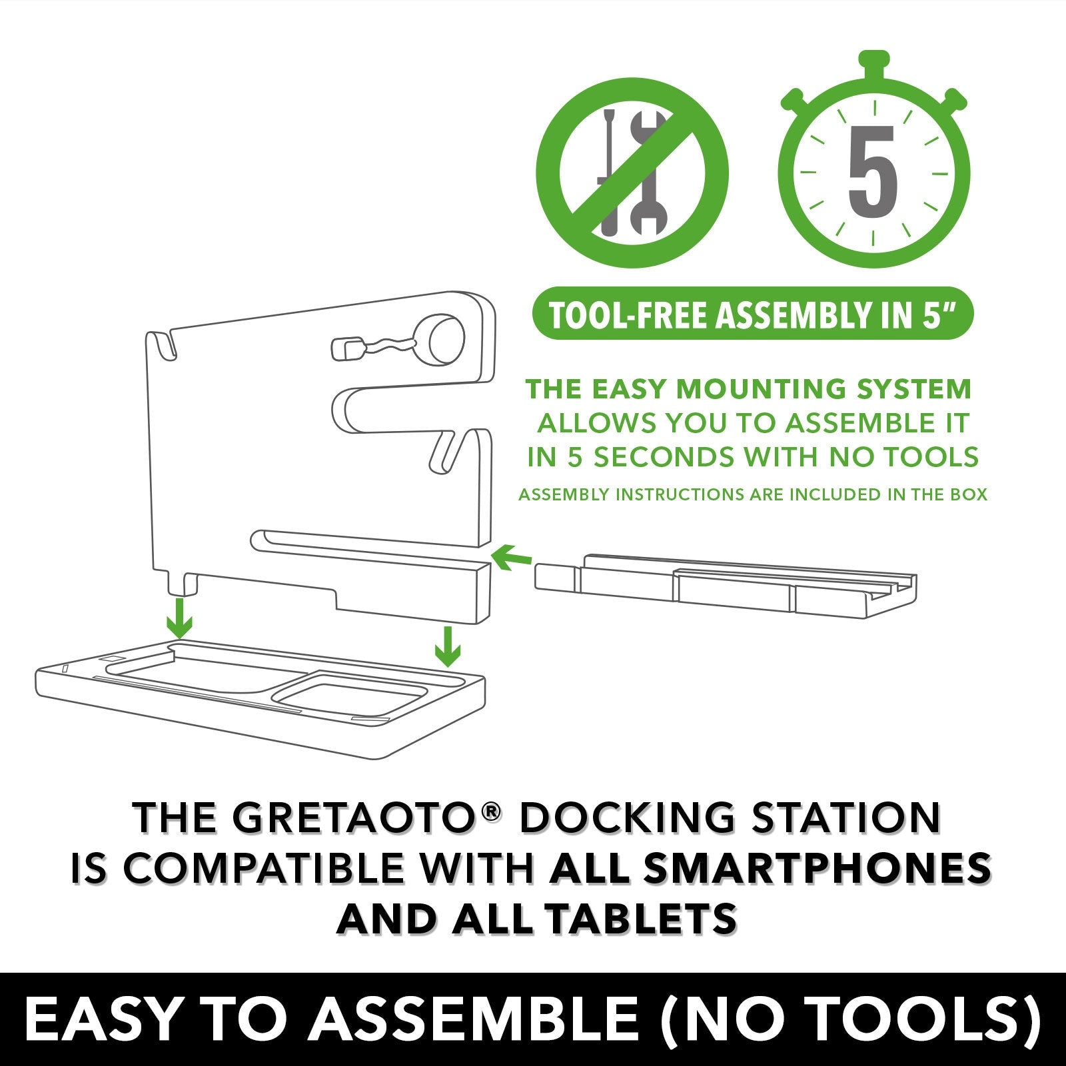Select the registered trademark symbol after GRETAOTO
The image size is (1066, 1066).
(x=491, y=810)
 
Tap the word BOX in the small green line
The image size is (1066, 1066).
(x=969, y=494)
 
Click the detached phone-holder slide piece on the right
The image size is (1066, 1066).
(x=726, y=583)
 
